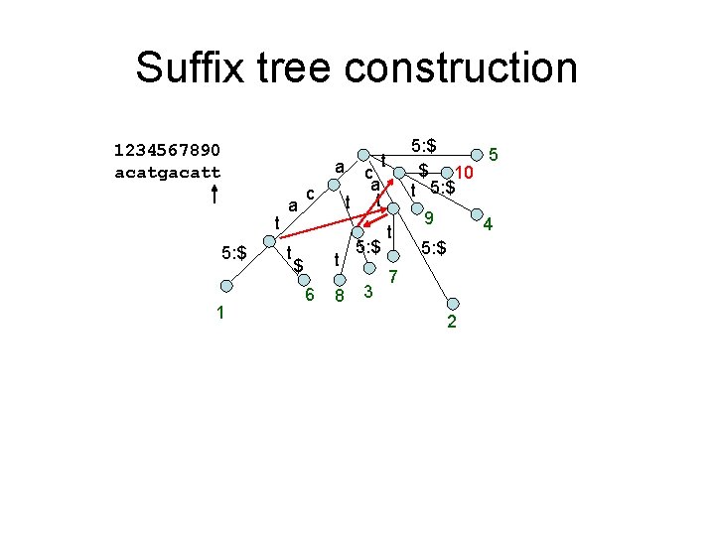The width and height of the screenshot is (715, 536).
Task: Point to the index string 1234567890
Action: pos(168,150)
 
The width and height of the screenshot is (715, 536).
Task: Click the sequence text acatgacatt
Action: pos(168,172)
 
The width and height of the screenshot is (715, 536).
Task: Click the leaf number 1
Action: pos(222,313)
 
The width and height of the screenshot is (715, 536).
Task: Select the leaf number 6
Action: pos(310,295)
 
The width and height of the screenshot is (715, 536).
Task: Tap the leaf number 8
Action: pos(339,295)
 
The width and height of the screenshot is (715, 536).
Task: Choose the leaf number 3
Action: pos(368,291)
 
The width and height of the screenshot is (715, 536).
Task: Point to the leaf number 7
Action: pos(393,274)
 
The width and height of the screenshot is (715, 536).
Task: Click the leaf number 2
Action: pos(453,322)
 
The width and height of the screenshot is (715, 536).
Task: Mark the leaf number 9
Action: pos(429,219)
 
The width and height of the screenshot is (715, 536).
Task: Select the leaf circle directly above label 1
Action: pos(226,286)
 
